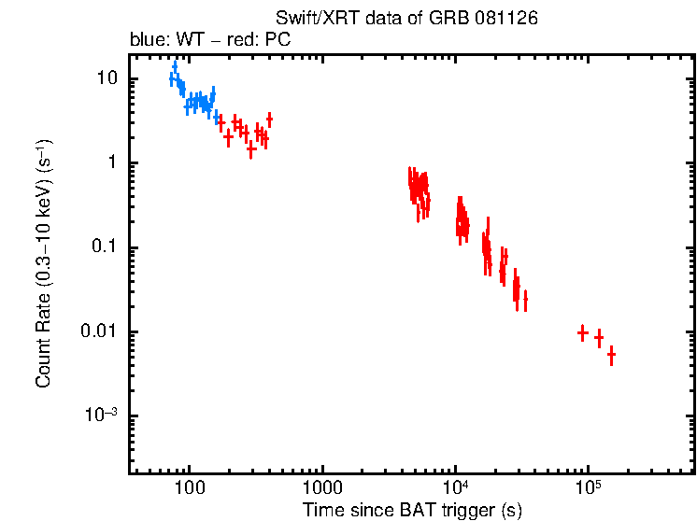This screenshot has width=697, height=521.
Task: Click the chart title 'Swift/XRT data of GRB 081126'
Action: (x=406, y=19)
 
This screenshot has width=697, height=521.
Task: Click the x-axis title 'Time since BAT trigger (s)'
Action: (x=411, y=510)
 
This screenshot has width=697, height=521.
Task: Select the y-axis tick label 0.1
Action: (x=106, y=247)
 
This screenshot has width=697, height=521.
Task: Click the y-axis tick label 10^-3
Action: (x=102, y=415)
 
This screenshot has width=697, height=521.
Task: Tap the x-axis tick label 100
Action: (x=189, y=488)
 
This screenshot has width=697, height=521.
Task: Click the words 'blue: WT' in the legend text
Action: (x=161, y=41)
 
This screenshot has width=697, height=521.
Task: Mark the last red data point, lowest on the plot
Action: (x=611, y=355)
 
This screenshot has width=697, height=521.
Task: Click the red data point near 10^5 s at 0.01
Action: (x=582, y=332)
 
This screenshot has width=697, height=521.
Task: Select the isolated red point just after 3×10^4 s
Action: (x=525, y=300)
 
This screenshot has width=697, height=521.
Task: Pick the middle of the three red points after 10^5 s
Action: (x=599, y=338)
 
